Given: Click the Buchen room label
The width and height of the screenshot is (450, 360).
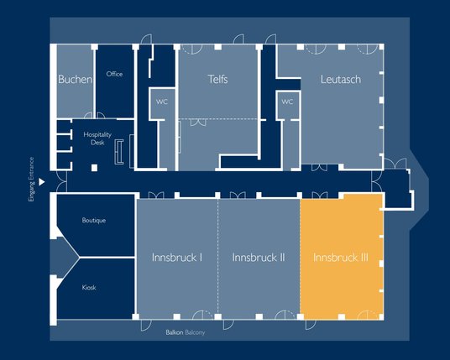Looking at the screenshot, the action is coord(76,79).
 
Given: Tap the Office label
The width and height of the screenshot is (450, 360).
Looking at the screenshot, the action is coord(114,74).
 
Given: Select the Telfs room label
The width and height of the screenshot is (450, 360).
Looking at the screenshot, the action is coord(217,79).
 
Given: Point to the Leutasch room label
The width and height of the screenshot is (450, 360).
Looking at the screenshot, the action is coord(341,80).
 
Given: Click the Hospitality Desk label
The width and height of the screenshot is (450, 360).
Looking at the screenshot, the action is coord(97,138).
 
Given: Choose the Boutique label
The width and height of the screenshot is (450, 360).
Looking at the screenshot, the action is coord(94,221).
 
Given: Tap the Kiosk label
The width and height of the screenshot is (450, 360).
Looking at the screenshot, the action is coord(89,288).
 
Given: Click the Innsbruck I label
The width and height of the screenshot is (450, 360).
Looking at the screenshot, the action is coord(177,258).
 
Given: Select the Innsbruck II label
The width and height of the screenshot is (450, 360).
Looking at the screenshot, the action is coord(259,258).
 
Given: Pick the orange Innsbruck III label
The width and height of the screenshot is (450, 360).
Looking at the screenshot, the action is coord(341,258).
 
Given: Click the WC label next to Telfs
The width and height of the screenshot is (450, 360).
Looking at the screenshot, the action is coord(162,102).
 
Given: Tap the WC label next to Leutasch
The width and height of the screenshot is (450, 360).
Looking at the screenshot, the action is coord(287,102).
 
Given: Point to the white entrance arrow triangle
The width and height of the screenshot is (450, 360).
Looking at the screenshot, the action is coord(42,182).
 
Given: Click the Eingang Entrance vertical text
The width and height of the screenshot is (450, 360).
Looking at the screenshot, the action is coord(31,180).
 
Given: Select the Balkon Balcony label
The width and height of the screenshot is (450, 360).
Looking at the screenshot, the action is coord(186,332).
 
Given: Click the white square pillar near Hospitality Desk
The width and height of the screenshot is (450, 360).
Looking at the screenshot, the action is coord(94,168).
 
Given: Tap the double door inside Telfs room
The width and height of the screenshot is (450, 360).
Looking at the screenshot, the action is coord(198,123).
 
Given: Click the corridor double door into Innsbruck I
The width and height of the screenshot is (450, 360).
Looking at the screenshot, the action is coord(156,195).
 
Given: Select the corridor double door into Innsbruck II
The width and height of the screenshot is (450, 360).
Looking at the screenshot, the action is coord(238,195).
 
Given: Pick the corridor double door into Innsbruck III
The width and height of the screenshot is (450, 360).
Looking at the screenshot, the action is coord(319,195).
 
